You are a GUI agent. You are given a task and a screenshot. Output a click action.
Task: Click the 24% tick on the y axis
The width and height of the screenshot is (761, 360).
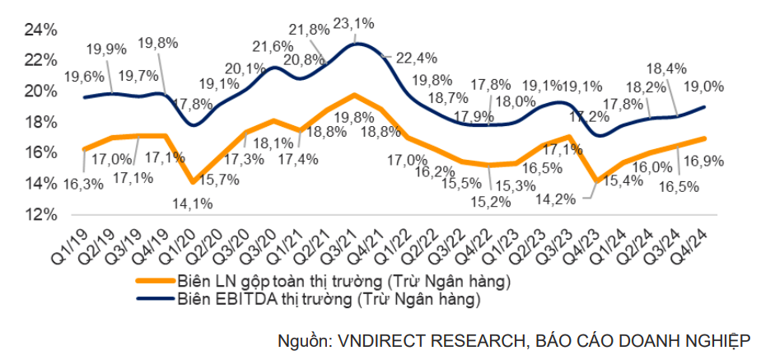pyautogui.click(x=40, y=30)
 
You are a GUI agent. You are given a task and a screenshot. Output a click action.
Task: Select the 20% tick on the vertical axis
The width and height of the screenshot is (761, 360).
pyautogui.click(x=40, y=91)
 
